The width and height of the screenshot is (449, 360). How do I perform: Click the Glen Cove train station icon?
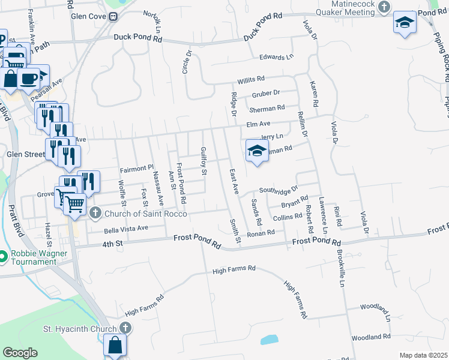point(112,16)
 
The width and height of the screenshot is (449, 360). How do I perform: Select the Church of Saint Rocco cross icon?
point(95,213)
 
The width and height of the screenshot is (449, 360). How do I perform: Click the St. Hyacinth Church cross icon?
point(125,328)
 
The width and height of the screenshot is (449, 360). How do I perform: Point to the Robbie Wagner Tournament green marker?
point(4,257)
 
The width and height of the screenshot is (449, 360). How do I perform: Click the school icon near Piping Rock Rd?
point(405,23)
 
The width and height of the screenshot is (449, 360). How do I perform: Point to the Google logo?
point(20,353)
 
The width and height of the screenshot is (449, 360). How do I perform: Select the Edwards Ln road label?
point(276,57)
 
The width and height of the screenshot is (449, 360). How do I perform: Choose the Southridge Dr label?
point(278,191)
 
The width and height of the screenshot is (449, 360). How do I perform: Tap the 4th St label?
point(112,244)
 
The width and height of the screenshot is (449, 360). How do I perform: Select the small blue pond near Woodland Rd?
point(269,340)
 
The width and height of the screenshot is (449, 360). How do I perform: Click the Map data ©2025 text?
point(423,355)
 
